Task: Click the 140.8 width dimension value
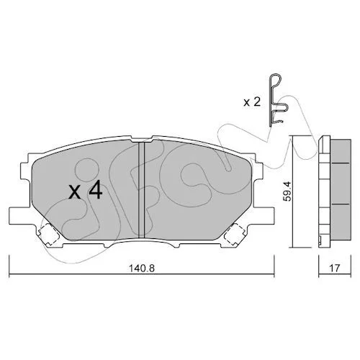tap(142, 268)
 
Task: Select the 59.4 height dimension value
tap(287, 191)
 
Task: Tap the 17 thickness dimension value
tap(335, 268)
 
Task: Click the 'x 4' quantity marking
tap(86, 191)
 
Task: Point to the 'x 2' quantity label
tap(252, 102)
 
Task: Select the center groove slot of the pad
tap(142, 190)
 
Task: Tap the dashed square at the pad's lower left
tap(49, 235)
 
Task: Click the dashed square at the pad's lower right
tap(234, 235)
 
